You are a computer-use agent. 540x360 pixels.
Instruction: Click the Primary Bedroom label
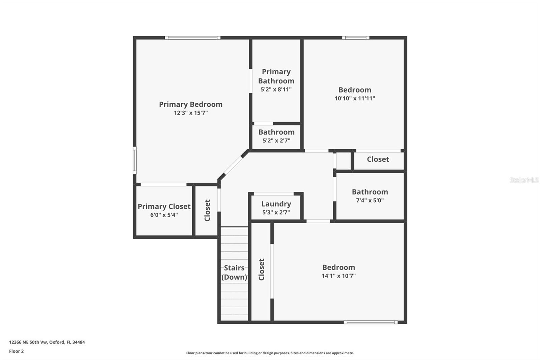[191, 104]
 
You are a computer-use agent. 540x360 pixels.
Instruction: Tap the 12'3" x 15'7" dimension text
[191, 113]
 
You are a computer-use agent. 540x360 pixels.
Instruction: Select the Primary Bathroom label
[276, 76]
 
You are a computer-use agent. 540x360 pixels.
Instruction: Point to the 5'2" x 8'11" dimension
[276, 89]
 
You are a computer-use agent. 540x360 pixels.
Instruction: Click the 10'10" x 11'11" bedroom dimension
[355, 98]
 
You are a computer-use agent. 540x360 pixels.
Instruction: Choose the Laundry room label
[276, 204]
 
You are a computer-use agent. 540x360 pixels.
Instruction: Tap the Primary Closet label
[164, 206]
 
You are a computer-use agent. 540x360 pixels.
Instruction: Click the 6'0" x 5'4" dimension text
[164, 215]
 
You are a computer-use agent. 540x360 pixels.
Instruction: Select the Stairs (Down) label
[234, 273]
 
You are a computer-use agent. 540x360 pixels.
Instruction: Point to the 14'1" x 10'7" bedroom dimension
[339, 276]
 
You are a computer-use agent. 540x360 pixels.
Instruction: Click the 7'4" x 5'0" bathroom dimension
[370, 200]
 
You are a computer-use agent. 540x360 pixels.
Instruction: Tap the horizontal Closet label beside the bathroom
[378, 159]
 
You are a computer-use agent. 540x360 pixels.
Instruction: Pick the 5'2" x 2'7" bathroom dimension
[276, 140]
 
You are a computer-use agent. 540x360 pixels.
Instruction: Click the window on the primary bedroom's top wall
[193, 38]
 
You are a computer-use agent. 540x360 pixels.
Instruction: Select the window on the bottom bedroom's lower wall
[371, 322]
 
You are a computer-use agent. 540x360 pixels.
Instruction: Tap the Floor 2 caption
[16, 351]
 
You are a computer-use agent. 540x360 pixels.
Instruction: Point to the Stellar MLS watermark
[524, 180]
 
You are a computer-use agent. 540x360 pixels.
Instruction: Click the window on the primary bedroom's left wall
[135, 160]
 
